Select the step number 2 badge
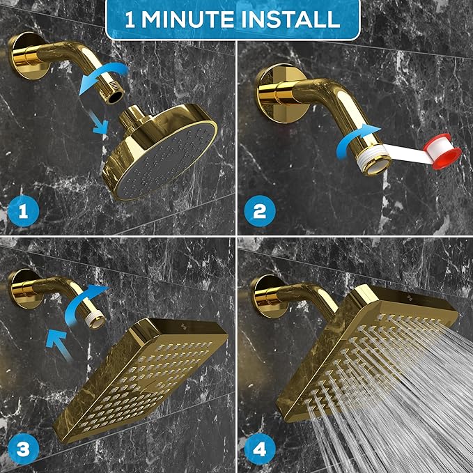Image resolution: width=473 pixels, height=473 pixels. pos(259,210)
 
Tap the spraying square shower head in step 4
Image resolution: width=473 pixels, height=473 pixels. pos(362,341)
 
